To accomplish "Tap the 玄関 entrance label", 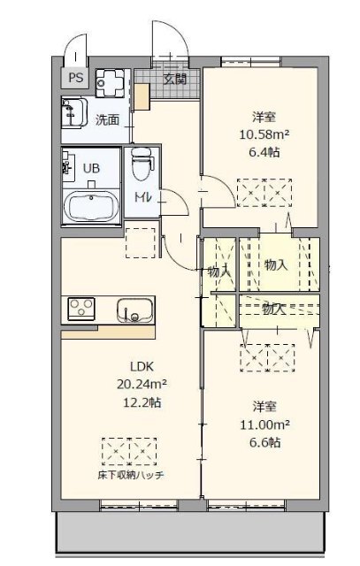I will click(175, 78).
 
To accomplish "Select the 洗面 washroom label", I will click(108, 119).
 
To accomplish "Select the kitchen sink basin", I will click(135, 311).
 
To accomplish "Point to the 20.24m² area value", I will click(142, 385).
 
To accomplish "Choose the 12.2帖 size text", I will click(142, 402).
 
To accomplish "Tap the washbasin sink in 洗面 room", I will click(73, 113).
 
